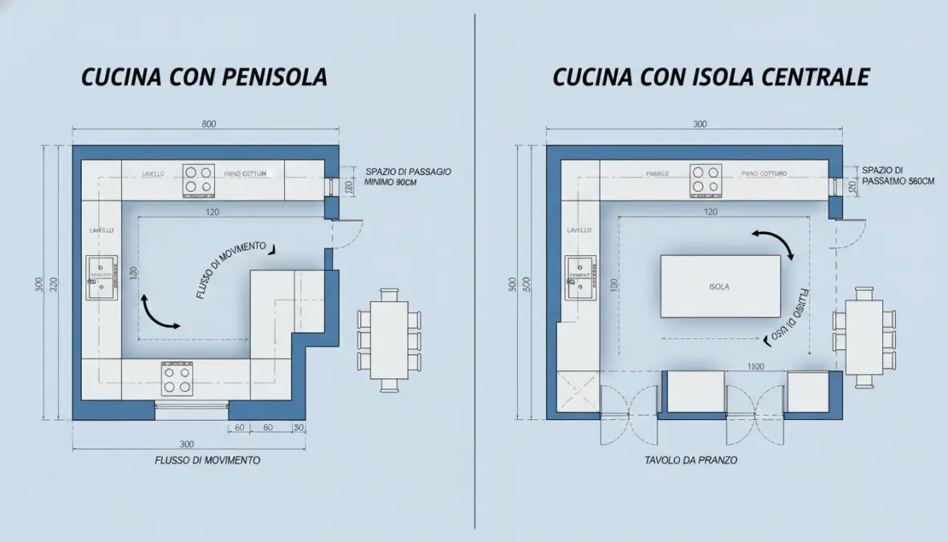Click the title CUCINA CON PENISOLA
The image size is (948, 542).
(204, 77)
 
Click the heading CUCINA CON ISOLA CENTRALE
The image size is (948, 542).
(710, 77)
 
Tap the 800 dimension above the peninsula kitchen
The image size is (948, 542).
(209, 124)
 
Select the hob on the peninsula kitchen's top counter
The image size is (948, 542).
(199, 181)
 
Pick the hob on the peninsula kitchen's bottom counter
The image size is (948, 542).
(178, 378)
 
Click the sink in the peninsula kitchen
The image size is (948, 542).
(102, 277)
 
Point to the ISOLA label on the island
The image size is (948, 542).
(719, 287)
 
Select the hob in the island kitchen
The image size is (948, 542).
(706, 181)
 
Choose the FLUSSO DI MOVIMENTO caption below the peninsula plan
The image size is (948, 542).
(207, 461)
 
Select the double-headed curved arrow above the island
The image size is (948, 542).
(772, 243)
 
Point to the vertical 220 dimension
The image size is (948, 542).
(54, 283)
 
